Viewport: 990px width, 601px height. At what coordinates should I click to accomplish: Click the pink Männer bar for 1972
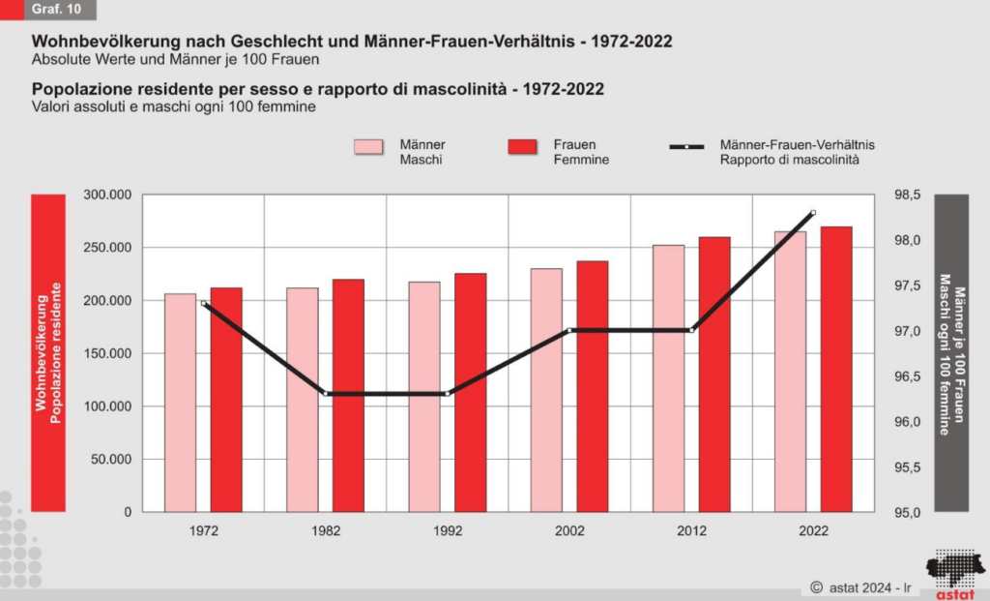[x=180, y=402]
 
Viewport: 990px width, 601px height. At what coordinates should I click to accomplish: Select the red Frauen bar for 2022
[x=836, y=369]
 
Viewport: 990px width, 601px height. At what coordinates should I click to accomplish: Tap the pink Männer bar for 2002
[x=546, y=389]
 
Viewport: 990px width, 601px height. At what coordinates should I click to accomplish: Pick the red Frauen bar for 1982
[x=348, y=395]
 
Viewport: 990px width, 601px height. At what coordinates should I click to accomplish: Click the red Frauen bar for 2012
[x=714, y=374]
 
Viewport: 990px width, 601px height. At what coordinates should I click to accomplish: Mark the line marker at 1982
[x=326, y=394]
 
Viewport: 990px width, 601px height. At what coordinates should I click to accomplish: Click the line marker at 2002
[x=570, y=330]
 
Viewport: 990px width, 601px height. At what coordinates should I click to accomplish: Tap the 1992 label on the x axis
[x=448, y=531]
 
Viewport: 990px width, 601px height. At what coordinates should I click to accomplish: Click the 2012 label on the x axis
[x=692, y=531]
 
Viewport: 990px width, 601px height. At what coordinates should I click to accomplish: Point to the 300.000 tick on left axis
[x=107, y=195]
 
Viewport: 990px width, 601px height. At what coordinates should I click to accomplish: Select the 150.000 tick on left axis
[x=107, y=353]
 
